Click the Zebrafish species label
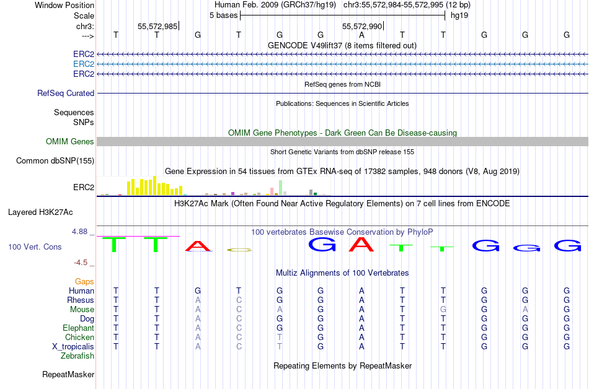(77, 356)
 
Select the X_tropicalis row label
(73, 346)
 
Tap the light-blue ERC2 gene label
(84, 64)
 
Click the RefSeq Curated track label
(66, 93)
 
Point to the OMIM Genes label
(70, 141)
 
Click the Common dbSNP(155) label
(55, 160)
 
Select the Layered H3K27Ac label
(40, 212)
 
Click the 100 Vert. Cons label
(35, 247)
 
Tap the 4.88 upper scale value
(79, 232)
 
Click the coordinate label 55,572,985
(157, 26)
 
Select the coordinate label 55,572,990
(362, 26)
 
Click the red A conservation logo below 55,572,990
(361, 244)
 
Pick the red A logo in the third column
(198, 246)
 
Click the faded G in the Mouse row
(443, 310)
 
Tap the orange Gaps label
(84, 281)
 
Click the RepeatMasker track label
(68, 374)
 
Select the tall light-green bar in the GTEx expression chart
(281, 188)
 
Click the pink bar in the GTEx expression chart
(272, 191)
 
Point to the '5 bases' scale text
(223, 15)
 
